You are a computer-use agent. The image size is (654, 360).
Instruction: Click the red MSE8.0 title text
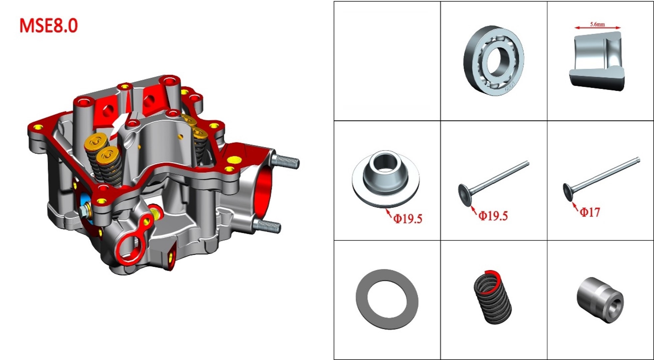coord(49,26)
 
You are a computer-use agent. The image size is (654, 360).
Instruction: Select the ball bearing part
coord(494,60)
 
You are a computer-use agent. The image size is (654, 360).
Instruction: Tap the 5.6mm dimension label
coord(597,24)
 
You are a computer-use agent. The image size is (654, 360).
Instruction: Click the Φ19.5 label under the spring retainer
coord(408,219)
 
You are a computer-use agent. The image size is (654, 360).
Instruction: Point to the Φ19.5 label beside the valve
coord(493,216)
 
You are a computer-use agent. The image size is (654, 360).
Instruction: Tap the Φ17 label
coord(590,212)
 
